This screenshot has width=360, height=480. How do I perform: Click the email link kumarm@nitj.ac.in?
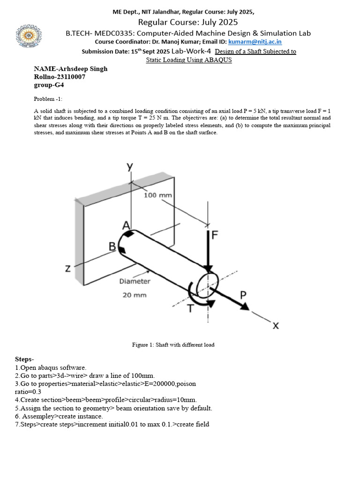pos(255,42)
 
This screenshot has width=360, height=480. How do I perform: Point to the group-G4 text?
pos(49,85)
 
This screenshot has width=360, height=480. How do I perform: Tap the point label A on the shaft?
pos(126,225)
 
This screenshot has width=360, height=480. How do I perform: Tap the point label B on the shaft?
pos(112,246)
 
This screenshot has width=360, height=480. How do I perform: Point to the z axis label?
pos(68,269)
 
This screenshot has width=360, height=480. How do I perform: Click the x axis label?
pos(276,325)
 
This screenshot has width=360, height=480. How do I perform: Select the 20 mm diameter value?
pos(135,295)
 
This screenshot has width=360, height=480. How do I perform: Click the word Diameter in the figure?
pos(135,281)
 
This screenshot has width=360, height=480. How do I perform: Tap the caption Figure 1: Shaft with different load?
pos(173,345)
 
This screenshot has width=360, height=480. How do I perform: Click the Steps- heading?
pos(25,359)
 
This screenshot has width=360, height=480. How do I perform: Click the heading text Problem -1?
pos(48,99)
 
